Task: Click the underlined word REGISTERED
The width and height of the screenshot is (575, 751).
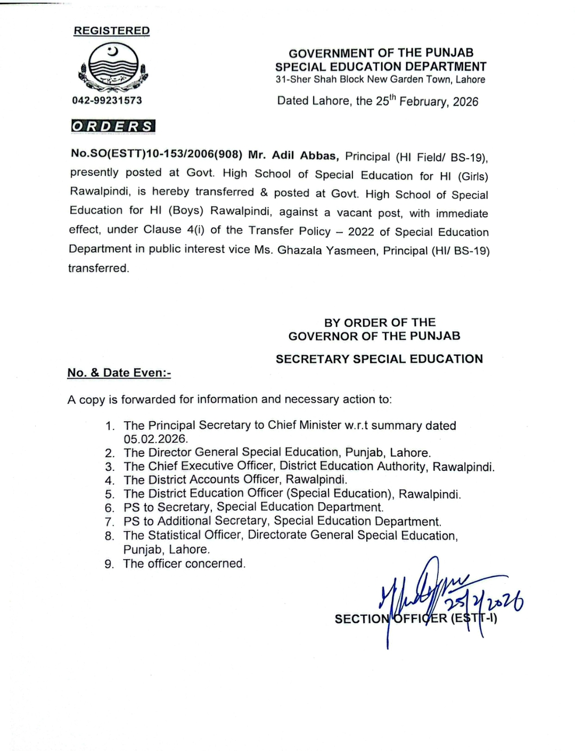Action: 112,31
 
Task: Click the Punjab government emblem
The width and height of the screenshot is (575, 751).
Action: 113,67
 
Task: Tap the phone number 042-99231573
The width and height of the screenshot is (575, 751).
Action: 107,100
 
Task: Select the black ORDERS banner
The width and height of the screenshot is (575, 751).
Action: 113,126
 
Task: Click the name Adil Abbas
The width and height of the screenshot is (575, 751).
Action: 304,156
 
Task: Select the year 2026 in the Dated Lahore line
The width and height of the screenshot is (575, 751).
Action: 465,102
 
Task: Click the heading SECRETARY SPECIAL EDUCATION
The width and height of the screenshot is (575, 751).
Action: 379,359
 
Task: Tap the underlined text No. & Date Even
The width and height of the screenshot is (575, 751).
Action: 119,373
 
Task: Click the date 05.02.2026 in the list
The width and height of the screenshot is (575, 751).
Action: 155,439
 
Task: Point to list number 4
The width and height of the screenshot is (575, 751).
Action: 110,480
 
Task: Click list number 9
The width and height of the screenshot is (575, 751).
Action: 110,564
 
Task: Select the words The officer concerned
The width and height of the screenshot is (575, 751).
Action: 184,564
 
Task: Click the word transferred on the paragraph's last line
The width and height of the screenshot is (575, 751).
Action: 98,268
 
